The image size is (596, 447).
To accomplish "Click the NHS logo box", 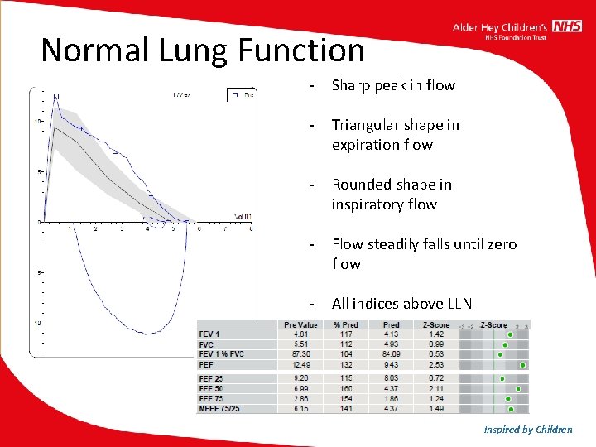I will tap(567, 27).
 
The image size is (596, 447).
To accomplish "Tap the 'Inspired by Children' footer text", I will tap(528, 429).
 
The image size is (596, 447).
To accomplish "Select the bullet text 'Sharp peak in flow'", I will tap(393, 85).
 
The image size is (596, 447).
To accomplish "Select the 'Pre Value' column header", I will tap(300, 325).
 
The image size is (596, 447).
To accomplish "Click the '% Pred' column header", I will tap(347, 325).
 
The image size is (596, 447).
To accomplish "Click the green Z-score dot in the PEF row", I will tap(523, 364).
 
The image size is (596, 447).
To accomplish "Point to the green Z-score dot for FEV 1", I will tap(510, 335).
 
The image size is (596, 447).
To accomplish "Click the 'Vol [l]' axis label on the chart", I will tap(242, 216).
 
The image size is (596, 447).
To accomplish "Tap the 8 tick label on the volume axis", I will tap(251, 229).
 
